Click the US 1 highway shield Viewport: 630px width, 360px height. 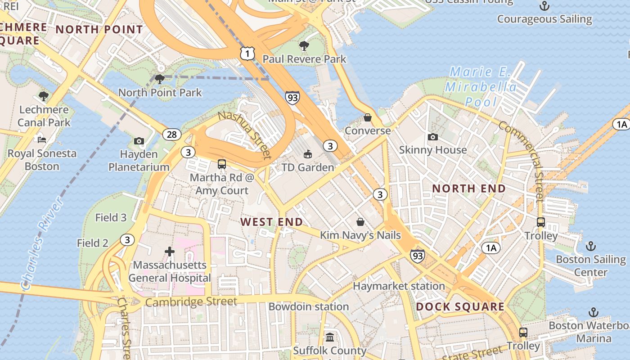tap(247, 54)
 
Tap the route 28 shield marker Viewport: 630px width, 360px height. tap(172, 134)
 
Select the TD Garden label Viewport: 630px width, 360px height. tap(308, 167)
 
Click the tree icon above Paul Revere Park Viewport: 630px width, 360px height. tap(304, 45)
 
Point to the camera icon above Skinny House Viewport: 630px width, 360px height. tap(433, 137)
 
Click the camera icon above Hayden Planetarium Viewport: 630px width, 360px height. tap(139, 141)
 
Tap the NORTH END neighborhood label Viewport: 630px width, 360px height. tap(469, 189)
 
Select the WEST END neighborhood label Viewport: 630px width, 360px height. tap(271, 222)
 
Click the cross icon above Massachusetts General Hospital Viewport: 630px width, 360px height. tap(170, 251)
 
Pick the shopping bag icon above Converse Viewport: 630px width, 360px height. tap(368, 117)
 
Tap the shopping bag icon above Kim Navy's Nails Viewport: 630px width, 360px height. tap(360, 221)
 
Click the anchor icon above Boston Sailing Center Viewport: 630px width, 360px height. tap(590, 246)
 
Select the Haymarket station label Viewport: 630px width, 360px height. tap(399, 286)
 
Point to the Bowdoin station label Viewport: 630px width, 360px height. tap(308, 306)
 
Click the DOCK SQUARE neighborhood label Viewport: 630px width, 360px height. tap(460, 307)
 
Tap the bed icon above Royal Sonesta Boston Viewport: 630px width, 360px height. tap(42, 139)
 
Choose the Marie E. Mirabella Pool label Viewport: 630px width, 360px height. tap(480, 86)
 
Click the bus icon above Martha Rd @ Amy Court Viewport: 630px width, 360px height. tap(221, 164)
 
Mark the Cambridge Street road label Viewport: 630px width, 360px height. tap(191, 302)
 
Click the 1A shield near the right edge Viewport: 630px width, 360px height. tap(621, 125)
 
